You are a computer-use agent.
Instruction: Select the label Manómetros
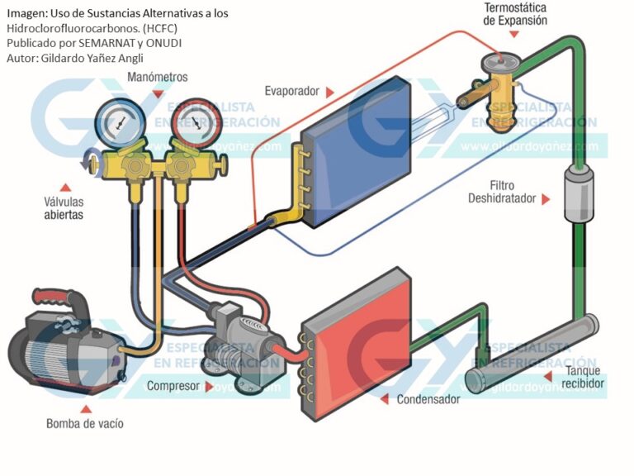[158, 77]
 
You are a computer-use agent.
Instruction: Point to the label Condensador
[428, 399]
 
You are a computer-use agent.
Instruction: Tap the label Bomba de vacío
[85, 424]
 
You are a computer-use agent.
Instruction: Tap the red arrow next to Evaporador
[329, 91]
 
